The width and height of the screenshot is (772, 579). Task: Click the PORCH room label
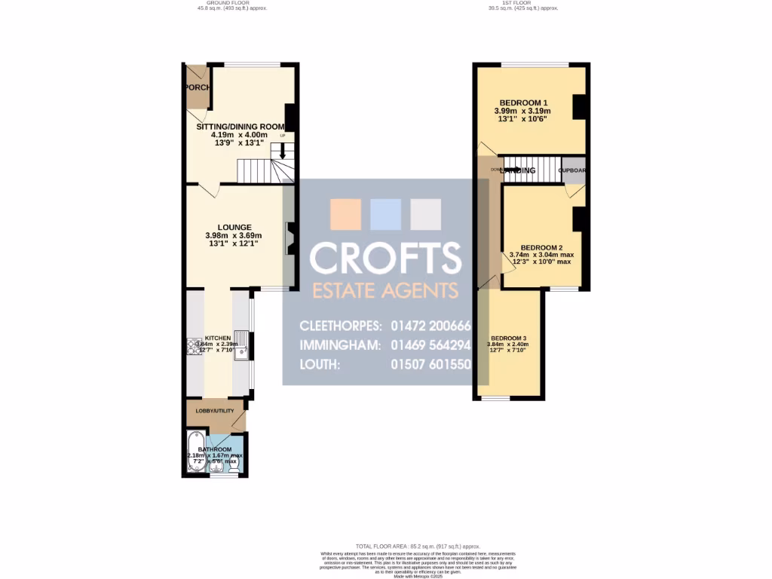[198, 87]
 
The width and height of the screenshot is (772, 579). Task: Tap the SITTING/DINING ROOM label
[240, 127]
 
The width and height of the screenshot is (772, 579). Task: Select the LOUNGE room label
[234, 227]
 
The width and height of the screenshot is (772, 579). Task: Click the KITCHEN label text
[217, 338]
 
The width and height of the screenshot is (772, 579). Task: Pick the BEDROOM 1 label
[523, 103]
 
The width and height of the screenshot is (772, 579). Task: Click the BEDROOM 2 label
[541, 247]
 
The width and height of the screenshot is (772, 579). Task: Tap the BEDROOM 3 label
[508, 338]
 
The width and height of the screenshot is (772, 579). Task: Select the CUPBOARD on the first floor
[573, 170]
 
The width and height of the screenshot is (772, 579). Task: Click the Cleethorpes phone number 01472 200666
[430, 326]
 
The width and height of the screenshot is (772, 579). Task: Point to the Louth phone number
[430, 364]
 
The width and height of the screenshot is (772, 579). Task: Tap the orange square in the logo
[345, 214]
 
